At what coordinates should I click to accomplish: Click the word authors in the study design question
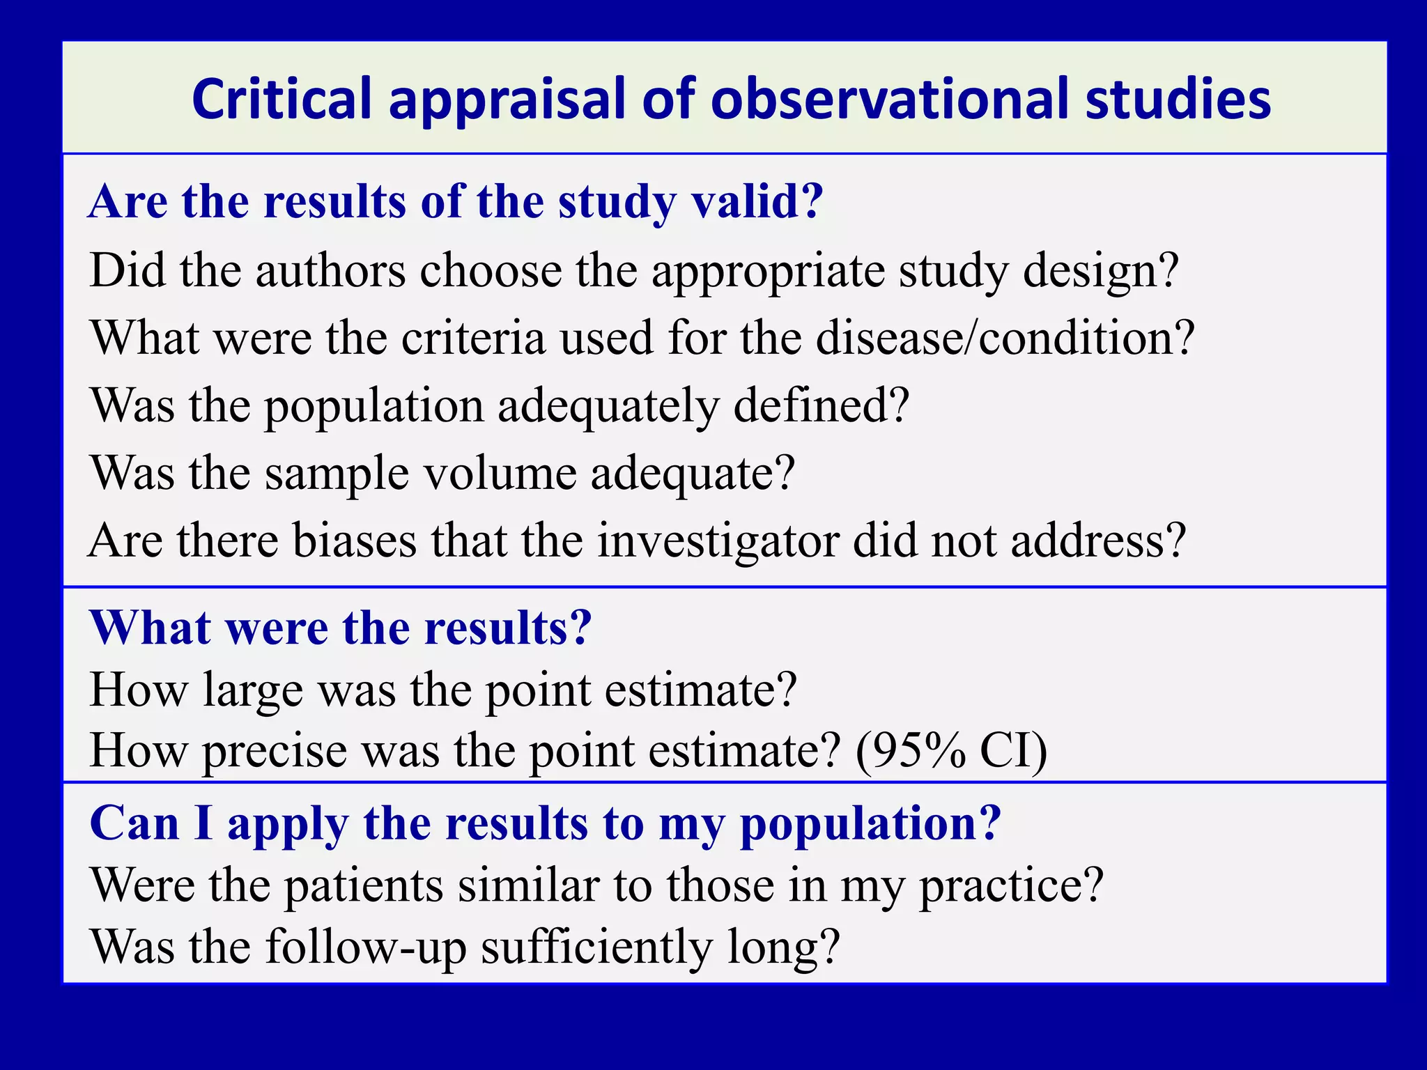point(330,270)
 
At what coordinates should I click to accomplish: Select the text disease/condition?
point(1005,338)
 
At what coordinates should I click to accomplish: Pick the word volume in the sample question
point(500,473)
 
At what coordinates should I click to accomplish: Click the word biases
point(354,541)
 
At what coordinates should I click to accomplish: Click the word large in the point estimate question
point(253,691)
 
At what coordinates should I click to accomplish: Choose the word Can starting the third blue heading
point(134,823)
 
